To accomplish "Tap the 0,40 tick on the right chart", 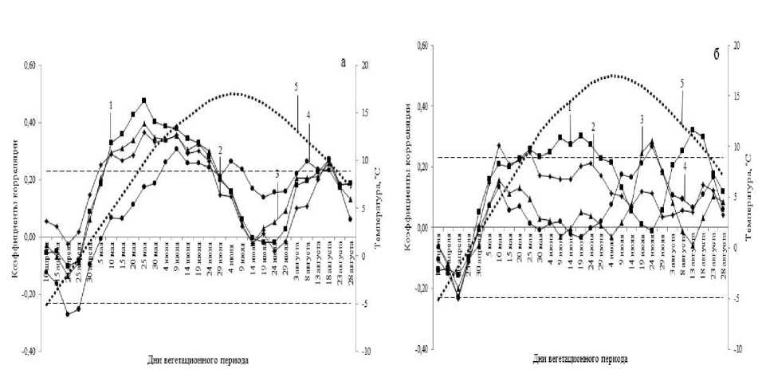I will point(419,106).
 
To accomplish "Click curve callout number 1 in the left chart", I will point(111,104).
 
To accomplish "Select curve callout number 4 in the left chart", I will point(308,114).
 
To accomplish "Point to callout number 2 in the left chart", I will point(219,150).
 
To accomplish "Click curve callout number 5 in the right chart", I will point(681,83).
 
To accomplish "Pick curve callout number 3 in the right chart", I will point(641,118).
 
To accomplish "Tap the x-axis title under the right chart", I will point(586,359).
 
